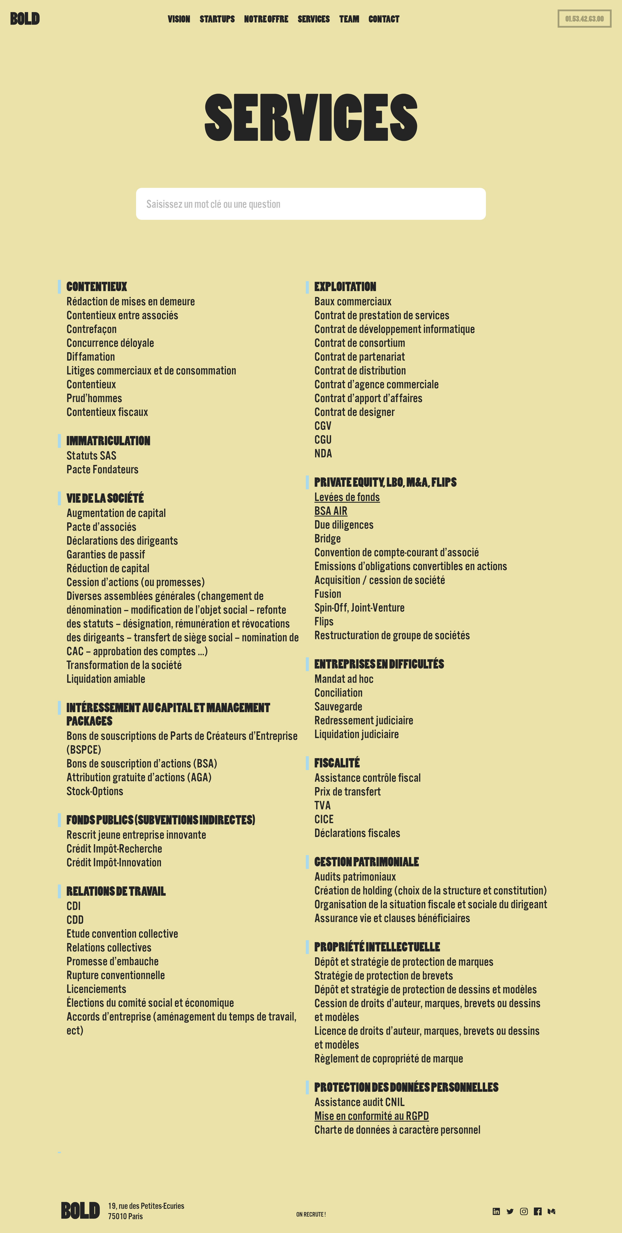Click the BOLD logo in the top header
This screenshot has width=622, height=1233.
[x=25, y=19]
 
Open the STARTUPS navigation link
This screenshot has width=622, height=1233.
[x=217, y=19]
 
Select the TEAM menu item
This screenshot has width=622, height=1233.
[x=349, y=19]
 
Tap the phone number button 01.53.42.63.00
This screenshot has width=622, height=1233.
[x=584, y=19]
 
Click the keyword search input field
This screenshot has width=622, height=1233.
[x=311, y=204]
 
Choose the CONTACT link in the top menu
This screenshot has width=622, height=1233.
[x=384, y=19]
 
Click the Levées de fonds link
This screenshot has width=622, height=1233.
[x=347, y=497]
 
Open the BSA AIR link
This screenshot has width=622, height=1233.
[x=330, y=511]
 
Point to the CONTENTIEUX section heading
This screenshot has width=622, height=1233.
[x=97, y=287]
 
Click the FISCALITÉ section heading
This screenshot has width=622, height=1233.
[x=337, y=763]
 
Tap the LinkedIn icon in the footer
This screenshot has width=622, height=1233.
[x=496, y=1211]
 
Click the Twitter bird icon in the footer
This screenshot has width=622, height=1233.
[x=510, y=1211]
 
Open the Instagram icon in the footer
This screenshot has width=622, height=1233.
[x=524, y=1211]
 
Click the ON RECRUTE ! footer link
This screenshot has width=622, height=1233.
[x=311, y=1214]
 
